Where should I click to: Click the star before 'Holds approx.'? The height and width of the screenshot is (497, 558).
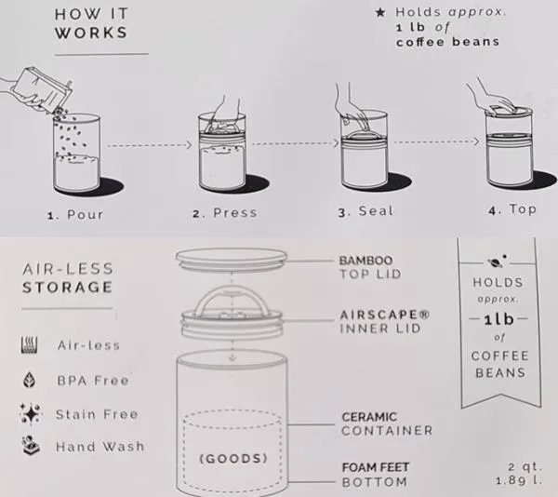pyautogui.click(x=380, y=13)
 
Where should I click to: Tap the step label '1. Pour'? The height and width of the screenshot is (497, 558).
pyautogui.click(x=75, y=215)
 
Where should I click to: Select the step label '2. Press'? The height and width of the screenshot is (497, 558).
pyautogui.click(x=224, y=213)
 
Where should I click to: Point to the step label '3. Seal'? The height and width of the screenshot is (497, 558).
pyautogui.click(x=365, y=211)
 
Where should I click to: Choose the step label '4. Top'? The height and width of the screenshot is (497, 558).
pyautogui.click(x=512, y=209)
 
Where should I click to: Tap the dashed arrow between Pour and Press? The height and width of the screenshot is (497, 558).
pyautogui.click(x=150, y=145)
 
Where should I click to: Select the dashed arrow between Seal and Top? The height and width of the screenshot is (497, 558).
pyautogui.click(x=437, y=141)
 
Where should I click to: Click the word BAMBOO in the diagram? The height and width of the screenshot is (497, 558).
pyautogui.click(x=365, y=261)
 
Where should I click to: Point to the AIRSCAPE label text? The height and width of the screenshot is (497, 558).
pyautogui.click(x=385, y=315)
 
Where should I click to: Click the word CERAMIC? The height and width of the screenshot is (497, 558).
pyautogui.click(x=369, y=417)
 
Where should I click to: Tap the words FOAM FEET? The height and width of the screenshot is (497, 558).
pyautogui.click(x=376, y=467)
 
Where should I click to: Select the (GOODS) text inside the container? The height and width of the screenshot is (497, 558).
pyautogui.click(x=233, y=458)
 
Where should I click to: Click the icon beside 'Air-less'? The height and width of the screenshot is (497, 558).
pyautogui.click(x=29, y=344)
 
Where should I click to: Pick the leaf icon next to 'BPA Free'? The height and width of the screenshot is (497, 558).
pyautogui.click(x=29, y=380)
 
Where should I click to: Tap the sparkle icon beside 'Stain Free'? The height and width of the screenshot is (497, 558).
pyautogui.click(x=31, y=413)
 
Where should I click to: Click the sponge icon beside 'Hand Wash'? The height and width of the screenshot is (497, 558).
pyautogui.click(x=31, y=445)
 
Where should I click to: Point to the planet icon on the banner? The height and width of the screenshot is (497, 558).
pyautogui.click(x=497, y=262)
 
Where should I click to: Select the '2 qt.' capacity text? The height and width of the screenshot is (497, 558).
pyautogui.click(x=525, y=466)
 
